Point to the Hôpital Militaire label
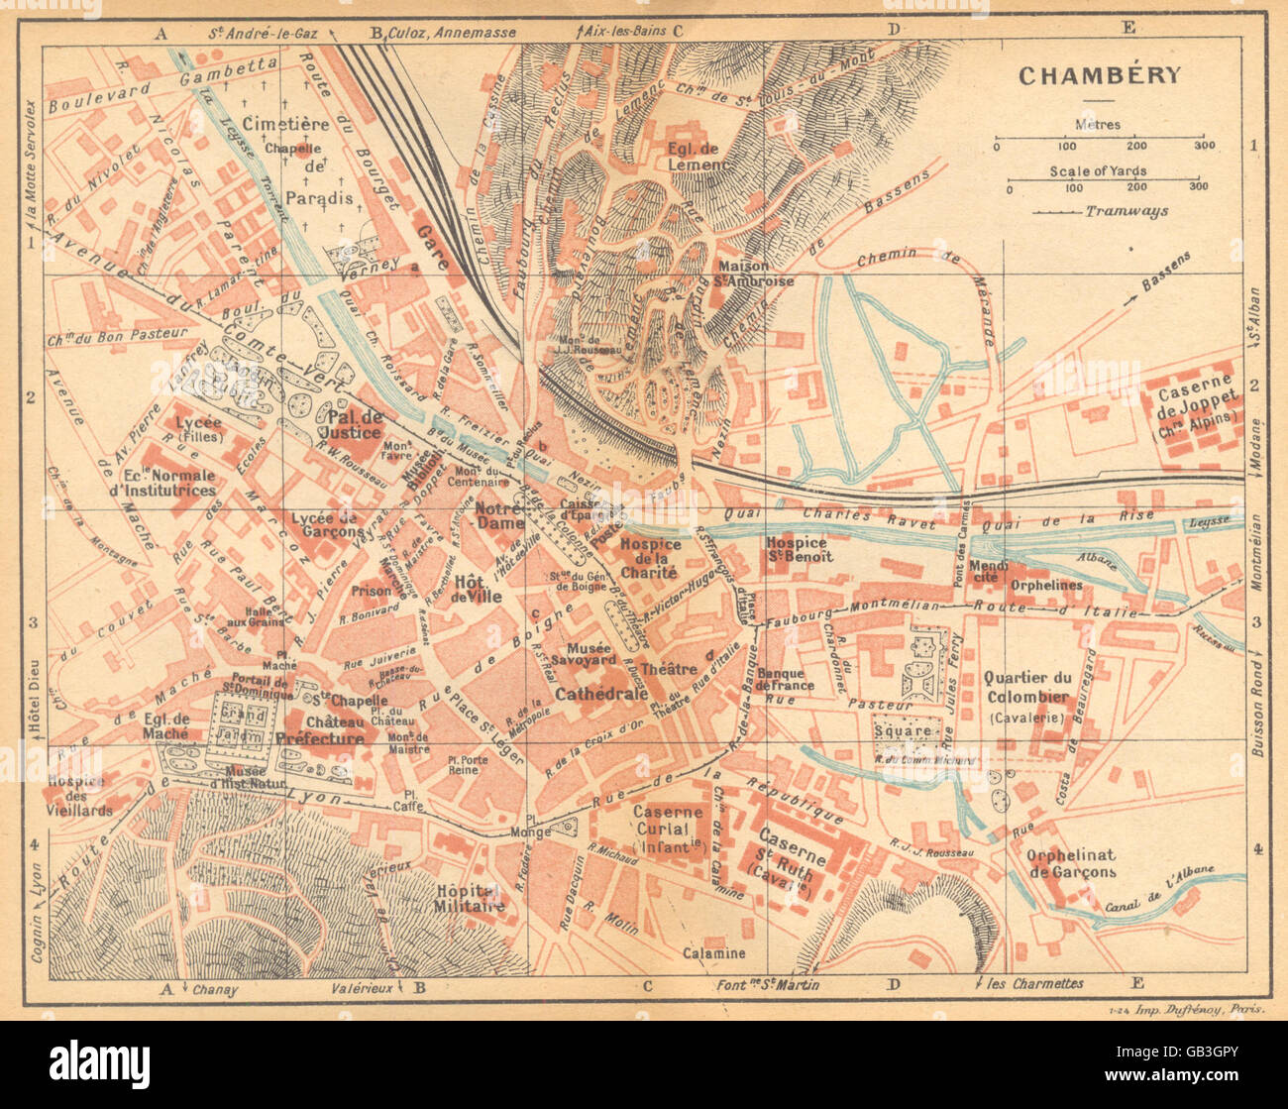(471, 898)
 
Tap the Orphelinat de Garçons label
(1072, 863)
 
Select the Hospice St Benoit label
(799, 550)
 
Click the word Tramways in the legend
(1127, 211)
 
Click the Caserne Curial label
(668, 820)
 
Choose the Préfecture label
(320, 738)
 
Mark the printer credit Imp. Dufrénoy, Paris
(1179, 1010)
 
